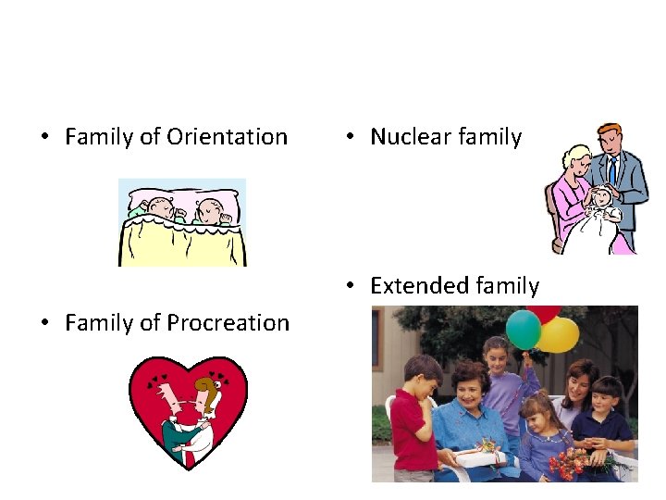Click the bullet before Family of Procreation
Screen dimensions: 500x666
coord(43,323)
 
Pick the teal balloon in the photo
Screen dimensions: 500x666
coord(524,329)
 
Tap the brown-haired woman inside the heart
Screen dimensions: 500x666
coord(211,407)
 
